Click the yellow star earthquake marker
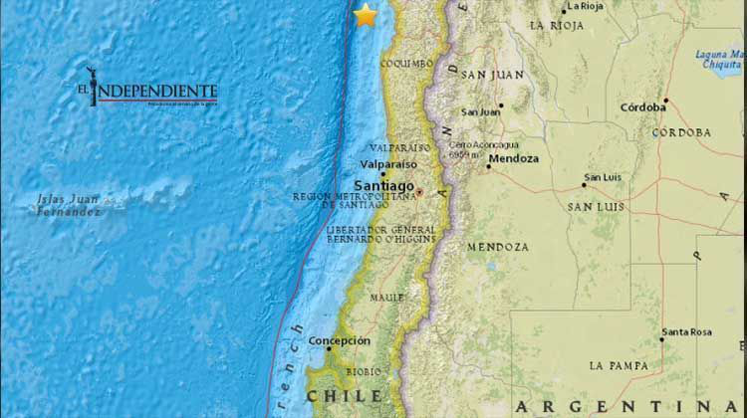[366, 15]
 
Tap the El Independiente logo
[149, 92]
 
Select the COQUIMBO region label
[406, 64]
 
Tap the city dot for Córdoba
[666, 100]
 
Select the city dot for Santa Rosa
[661, 339]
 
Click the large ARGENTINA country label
[626, 405]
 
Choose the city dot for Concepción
[329, 348]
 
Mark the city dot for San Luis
[585, 184]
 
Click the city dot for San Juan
[501, 104]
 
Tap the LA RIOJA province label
[557, 25]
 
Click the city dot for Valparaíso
[383, 173]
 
